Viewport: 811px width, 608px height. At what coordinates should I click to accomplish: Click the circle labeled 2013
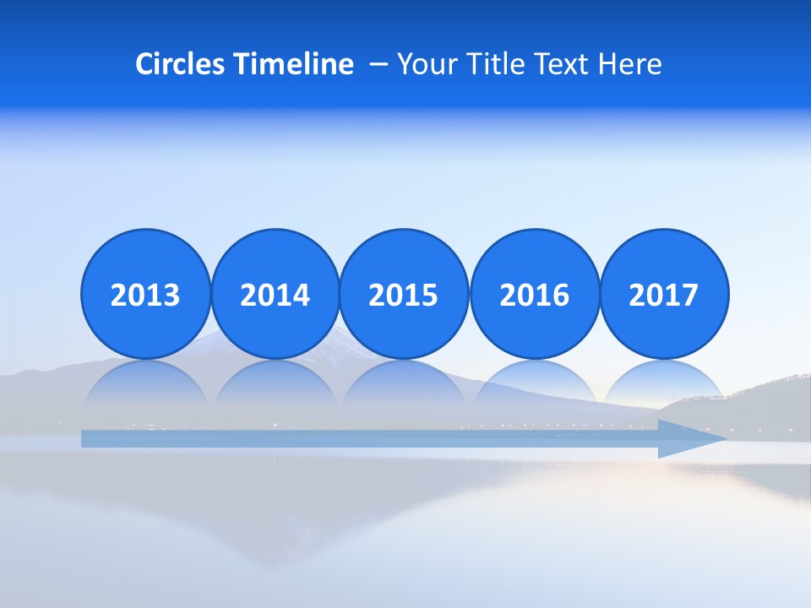(x=145, y=295)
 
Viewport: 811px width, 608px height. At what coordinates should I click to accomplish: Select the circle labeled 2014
(x=275, y=295)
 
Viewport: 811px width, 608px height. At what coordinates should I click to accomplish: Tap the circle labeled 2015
(x=404, y=295)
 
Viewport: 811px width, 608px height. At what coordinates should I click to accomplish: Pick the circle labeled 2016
(x=535, y=295)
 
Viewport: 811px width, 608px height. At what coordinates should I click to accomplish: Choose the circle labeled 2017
(x=664, y=295)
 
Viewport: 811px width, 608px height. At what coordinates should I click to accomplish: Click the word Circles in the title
(x=182, y=64)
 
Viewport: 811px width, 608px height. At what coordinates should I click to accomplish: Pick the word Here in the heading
(x=629, y=64)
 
